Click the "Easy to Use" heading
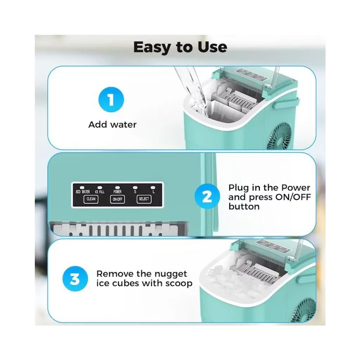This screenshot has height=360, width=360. (180, 47)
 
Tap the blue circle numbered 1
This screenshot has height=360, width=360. (111, 99)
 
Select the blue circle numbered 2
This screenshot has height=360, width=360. (207, 196)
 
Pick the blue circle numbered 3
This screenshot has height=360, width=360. (75, 279)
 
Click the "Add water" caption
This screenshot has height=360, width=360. (112, 125)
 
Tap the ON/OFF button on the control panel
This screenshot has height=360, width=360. (117, 199)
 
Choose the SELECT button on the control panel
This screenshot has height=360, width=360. (144, 199)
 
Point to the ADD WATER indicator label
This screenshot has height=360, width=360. (83, 192)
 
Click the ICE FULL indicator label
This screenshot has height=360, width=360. (100, 192)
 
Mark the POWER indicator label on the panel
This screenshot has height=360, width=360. (117, 192)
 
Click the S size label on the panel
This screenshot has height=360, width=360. (135, 192)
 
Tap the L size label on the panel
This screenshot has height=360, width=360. (154, 192)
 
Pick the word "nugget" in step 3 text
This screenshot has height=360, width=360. (171, 274)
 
